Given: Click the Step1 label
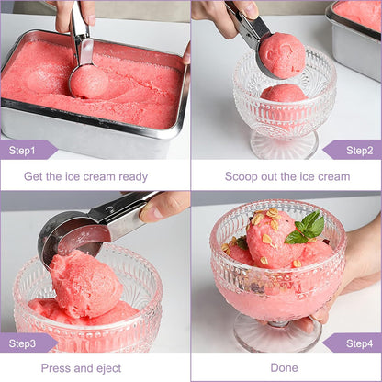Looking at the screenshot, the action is [22, 151].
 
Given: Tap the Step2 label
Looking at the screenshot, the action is [359, 151].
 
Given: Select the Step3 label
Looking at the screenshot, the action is [22, 343].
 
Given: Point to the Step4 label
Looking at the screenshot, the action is [359, 343].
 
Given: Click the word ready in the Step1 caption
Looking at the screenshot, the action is [133, 177].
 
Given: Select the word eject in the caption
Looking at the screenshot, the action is [108, 368].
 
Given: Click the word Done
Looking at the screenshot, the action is [284, 367].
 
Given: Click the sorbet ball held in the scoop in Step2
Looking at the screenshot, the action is [282, 55].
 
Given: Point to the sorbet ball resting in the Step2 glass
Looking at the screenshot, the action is [284, 93].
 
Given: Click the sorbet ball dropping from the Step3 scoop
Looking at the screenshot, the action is [85, 283].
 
